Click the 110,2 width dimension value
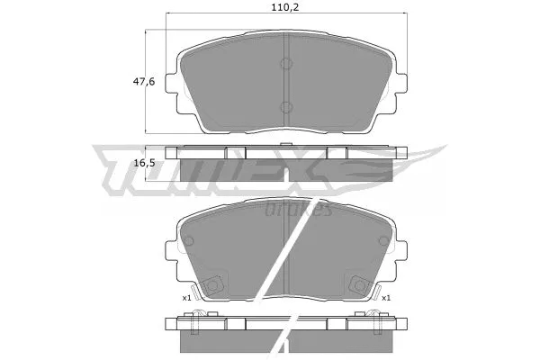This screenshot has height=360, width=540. click(x=284, y=7)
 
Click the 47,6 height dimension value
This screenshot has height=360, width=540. click(x=144, y=82)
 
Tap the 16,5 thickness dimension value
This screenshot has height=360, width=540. click(x=144, y=163)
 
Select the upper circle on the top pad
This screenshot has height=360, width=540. click(x=286, y=63)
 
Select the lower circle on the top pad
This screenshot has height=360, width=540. click(x=286, y=107)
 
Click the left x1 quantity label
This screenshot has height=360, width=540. click(x=186, y=298)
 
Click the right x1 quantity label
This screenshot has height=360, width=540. click(x=386, y=298)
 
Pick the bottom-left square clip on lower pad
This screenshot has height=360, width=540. click(x=213, y=285)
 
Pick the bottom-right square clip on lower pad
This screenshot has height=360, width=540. click(x=359, y=285)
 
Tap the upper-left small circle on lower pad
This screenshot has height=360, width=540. click(x=188, y=241)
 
